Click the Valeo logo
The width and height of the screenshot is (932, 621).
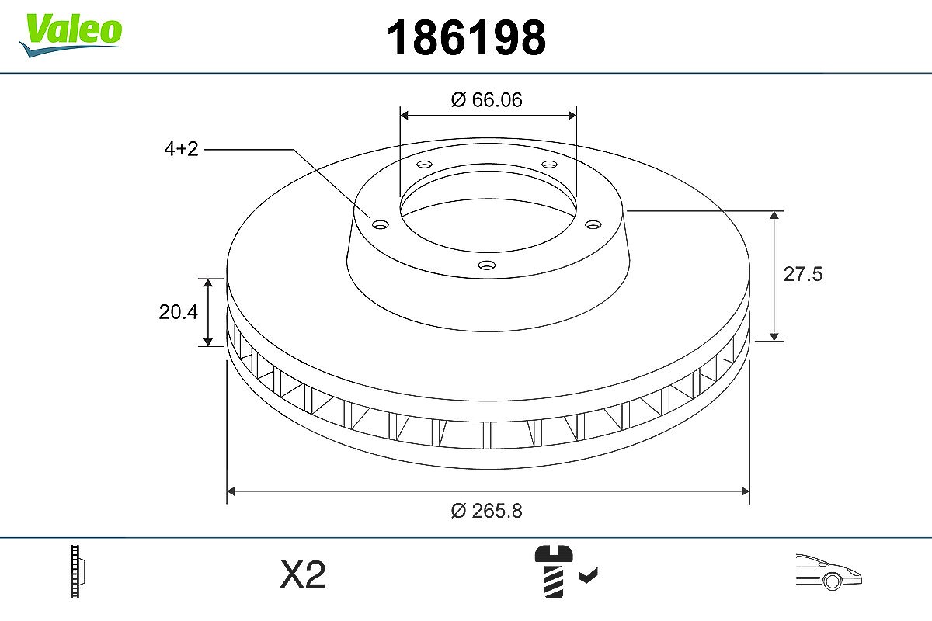click(71, 35)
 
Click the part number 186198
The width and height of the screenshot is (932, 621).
click(466, 38)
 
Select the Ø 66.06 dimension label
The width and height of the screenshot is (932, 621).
click(486, 100)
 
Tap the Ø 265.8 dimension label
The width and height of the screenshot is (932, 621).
click(486, 510)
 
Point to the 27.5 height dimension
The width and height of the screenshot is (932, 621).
click(803, 274)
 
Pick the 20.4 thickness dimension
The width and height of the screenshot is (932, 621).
click(178, 312)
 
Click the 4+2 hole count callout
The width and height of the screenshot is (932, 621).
click(182, 149)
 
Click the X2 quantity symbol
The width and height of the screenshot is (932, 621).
click(302, 574)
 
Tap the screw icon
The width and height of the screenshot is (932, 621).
click(553, 571)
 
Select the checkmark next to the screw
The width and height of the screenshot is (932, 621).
click(589, 575)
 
